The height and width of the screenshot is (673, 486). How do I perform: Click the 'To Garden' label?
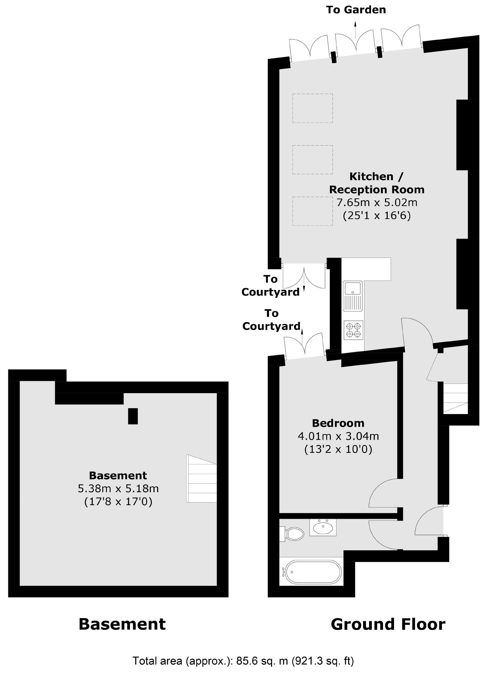[356, 10]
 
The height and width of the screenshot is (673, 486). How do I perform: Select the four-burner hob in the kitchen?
[353, 330]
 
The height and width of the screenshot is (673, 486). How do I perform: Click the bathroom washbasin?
[323, 528]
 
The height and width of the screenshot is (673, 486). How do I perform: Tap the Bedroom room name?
[338, 423]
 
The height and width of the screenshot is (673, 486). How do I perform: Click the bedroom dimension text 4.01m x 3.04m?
[338, 436]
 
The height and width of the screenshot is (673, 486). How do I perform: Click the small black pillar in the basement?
[133, 416]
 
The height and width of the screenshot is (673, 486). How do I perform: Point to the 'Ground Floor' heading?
[388, 624]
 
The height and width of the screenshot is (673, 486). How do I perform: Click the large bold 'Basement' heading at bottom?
[122, 624]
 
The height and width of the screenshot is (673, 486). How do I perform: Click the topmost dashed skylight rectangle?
[312, 108]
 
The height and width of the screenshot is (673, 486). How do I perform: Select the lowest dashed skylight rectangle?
[312, 211]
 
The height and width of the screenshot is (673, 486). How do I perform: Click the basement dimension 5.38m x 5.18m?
[118, 489]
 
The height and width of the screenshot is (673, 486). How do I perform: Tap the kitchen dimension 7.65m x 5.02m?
[377, 202]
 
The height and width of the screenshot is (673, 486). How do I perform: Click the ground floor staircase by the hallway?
[455, 398]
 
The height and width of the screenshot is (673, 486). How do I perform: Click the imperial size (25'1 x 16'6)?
[377, 216]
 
